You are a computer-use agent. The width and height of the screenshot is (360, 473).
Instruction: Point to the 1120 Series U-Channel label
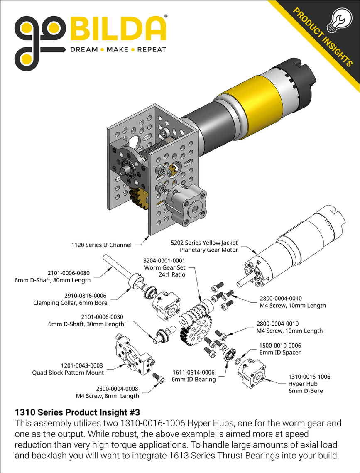pos(101,245)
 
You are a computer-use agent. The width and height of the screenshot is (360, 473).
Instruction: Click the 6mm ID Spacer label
pos(280,352)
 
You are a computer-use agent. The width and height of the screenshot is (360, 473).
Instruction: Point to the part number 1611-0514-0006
pos(193,373)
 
